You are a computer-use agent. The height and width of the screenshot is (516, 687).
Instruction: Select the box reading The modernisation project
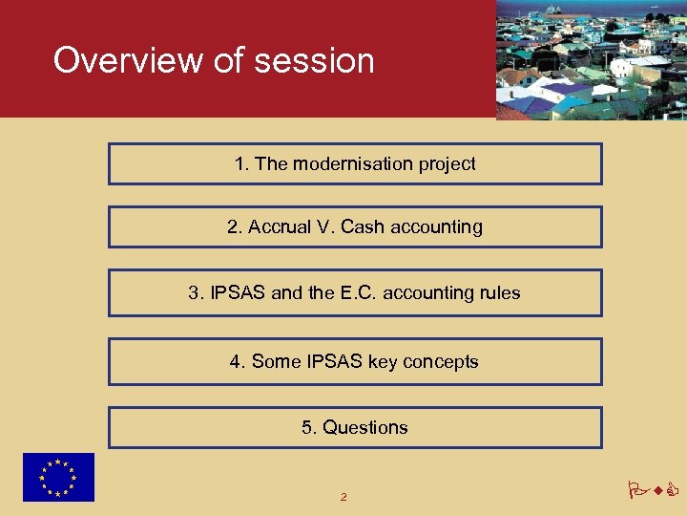coord(355,163)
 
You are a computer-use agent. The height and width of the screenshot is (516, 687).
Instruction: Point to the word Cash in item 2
coord(362,226)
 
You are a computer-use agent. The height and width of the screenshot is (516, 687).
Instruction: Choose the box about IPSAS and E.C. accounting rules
coord(355,292)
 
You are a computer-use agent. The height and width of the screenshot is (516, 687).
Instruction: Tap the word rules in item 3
coord(499,292)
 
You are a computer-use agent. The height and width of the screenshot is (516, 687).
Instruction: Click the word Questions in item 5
coord(365,427)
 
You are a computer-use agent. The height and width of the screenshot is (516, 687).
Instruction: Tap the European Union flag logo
coord(59,477)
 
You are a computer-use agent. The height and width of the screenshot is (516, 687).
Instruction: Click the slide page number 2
coord(343,497)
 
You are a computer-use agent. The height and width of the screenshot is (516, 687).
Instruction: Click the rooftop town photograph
coord(591,59)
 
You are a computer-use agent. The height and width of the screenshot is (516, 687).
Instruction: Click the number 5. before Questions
coord(309,427)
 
